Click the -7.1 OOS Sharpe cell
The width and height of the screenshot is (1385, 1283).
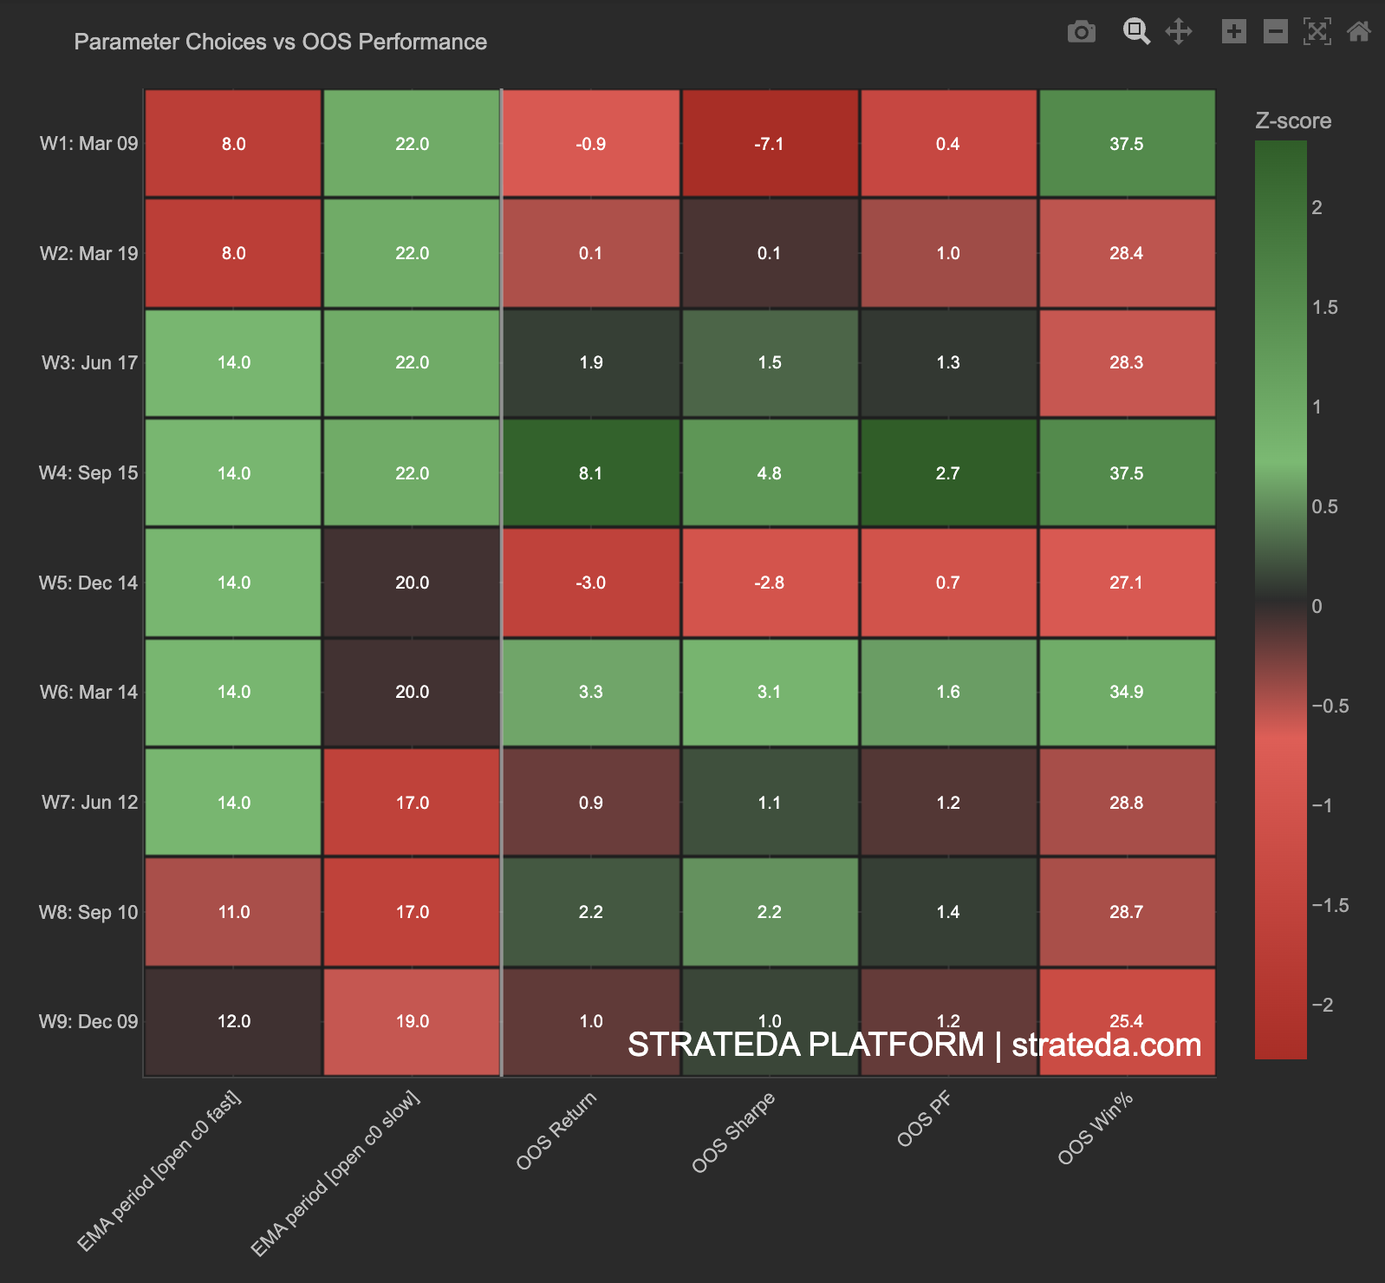pyautogui.click(x=769, y=144)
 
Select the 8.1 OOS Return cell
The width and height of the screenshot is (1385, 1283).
pyautogui.click(x=590, y=473)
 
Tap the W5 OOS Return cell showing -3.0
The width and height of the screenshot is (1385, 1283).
pyautogui.click(x=590, y=583)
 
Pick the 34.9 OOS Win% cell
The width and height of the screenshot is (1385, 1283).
pyautogui.click(x=1126, y=692)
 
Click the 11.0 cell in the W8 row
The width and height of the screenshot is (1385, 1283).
pyautogui.click(x=233, y=912)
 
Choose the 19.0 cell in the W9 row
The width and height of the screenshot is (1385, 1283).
pyautogui.click(x=412, y=1021)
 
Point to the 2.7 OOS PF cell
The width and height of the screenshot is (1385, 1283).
pyautogui.click(x=947, y=473)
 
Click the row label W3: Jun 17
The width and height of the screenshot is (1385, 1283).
pyautogui.click(x=89, y=363)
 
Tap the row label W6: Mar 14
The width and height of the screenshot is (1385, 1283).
pyautogui.click(x=88, y=693)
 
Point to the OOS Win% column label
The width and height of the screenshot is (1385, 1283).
pyautogui.click(x=1096, y=1129)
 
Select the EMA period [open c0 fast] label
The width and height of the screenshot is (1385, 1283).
pyautogui.click(x=159, y=1171)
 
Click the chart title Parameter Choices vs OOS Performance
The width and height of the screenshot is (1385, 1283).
pyautogui.click(x=280, y=42)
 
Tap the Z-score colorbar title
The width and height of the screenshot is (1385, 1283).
pyautogui.click(x=1292, y=121)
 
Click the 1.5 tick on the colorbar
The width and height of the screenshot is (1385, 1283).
pyautogui.click(x=1324, y=308)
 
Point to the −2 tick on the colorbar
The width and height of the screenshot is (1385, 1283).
pyautogui.click(x=1322, y=1006)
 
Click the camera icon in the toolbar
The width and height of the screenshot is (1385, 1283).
pyautogui.click(x=1081, y=32)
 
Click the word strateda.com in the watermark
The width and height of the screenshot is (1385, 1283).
pyautogui.click(x=1106, y=1045)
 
